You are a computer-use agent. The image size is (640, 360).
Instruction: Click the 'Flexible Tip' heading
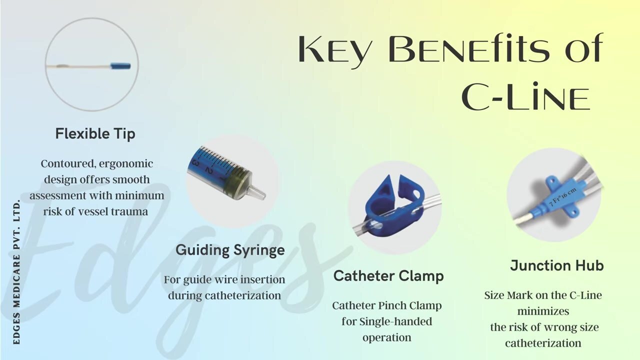click(x=95, y=134)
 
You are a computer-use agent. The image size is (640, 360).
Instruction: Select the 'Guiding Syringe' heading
click(x=230, y=250)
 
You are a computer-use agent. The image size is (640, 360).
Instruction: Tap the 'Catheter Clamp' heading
click(x=388, y=275)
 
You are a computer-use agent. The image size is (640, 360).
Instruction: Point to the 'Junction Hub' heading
click(x=556, y=265)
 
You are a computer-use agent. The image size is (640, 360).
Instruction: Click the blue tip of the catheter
click(x=120, y=66)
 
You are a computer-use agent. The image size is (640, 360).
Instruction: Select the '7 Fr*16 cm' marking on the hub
click(x=563, y=197)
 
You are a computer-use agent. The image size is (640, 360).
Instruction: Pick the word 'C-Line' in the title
click(x=525, y=97)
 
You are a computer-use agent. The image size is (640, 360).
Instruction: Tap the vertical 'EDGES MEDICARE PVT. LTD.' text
click(x=16, y=272)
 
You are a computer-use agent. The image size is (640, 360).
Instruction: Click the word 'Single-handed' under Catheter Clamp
click(x=395, y=321)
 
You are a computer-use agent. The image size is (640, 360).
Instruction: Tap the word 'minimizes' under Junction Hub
click(x=543, y=311)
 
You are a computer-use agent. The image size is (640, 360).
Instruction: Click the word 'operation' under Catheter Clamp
click(x=386, y=337)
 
